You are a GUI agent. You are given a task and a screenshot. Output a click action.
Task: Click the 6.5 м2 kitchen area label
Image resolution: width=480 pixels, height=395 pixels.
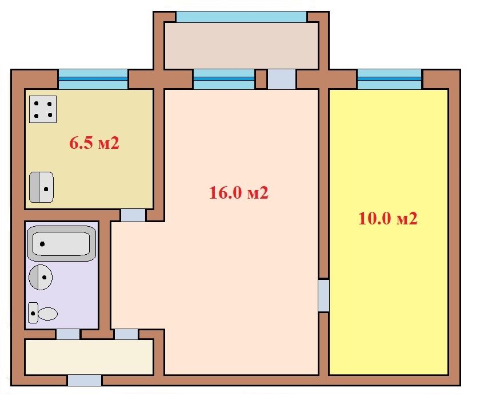pyautogui.click(x=94, y=143)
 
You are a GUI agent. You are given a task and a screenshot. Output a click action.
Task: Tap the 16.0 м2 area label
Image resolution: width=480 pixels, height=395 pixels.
pyautogui.click(x=239, y=193)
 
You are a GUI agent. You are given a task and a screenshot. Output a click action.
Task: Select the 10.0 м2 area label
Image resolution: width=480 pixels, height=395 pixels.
pyautogui.click(x=388, y=219)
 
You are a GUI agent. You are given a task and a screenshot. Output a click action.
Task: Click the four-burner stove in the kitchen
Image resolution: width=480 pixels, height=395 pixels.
pyautogui.click(x=43, y=109)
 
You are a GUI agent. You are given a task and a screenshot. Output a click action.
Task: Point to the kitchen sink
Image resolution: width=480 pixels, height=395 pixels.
pyautogui.click(x=41, y=187)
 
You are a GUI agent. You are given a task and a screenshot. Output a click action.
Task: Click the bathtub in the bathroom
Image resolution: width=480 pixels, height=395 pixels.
pyautogui.click(x=62, y=243)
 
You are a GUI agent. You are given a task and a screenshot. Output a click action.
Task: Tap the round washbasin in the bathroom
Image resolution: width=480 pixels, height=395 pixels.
pyautogui.click(x=41, y=277)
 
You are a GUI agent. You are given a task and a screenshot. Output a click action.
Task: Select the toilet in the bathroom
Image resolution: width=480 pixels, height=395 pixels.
pyautogui.click(x=43, y=313)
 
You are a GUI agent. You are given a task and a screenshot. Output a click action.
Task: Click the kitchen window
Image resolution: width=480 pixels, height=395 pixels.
pyautogui.click(x=93, y=80)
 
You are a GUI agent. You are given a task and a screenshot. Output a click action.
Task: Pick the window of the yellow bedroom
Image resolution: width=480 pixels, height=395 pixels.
pyautogui.click(x=389, y=80)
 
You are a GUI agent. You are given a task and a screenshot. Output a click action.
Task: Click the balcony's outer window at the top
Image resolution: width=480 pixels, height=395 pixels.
pyautogui.click(x=242, y=17)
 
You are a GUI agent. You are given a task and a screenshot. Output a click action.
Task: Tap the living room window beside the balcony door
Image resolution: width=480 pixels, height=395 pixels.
pyautogui.click(x=224, y=80)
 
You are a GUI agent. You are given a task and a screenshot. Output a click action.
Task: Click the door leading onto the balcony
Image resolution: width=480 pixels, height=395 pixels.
pyautogui.click(x=282, y=80)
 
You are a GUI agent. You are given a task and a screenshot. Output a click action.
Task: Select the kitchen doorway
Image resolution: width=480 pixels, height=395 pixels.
pyautogui.click(x=133, y=215)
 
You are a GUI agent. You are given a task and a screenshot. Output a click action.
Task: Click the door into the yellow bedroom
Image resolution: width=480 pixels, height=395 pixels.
pyautogui.click(x=323, y=295)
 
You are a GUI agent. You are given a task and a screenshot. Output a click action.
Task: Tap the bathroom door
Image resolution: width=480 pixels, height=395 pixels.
pyautogui.click(x=68, y=334)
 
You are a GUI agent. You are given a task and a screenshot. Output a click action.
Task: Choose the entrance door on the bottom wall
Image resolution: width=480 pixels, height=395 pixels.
pyautogui.click(x=85, y=380)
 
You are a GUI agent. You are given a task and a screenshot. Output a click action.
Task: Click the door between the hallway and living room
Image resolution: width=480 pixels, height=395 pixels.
pyautogui.click(x=126, y=334)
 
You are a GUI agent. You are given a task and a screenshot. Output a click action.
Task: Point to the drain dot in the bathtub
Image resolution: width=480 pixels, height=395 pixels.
pyautogui.click(x=42, y=244)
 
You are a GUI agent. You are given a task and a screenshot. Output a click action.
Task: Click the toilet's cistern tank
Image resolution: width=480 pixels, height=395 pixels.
pyautogui.click(x=33, y=313)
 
